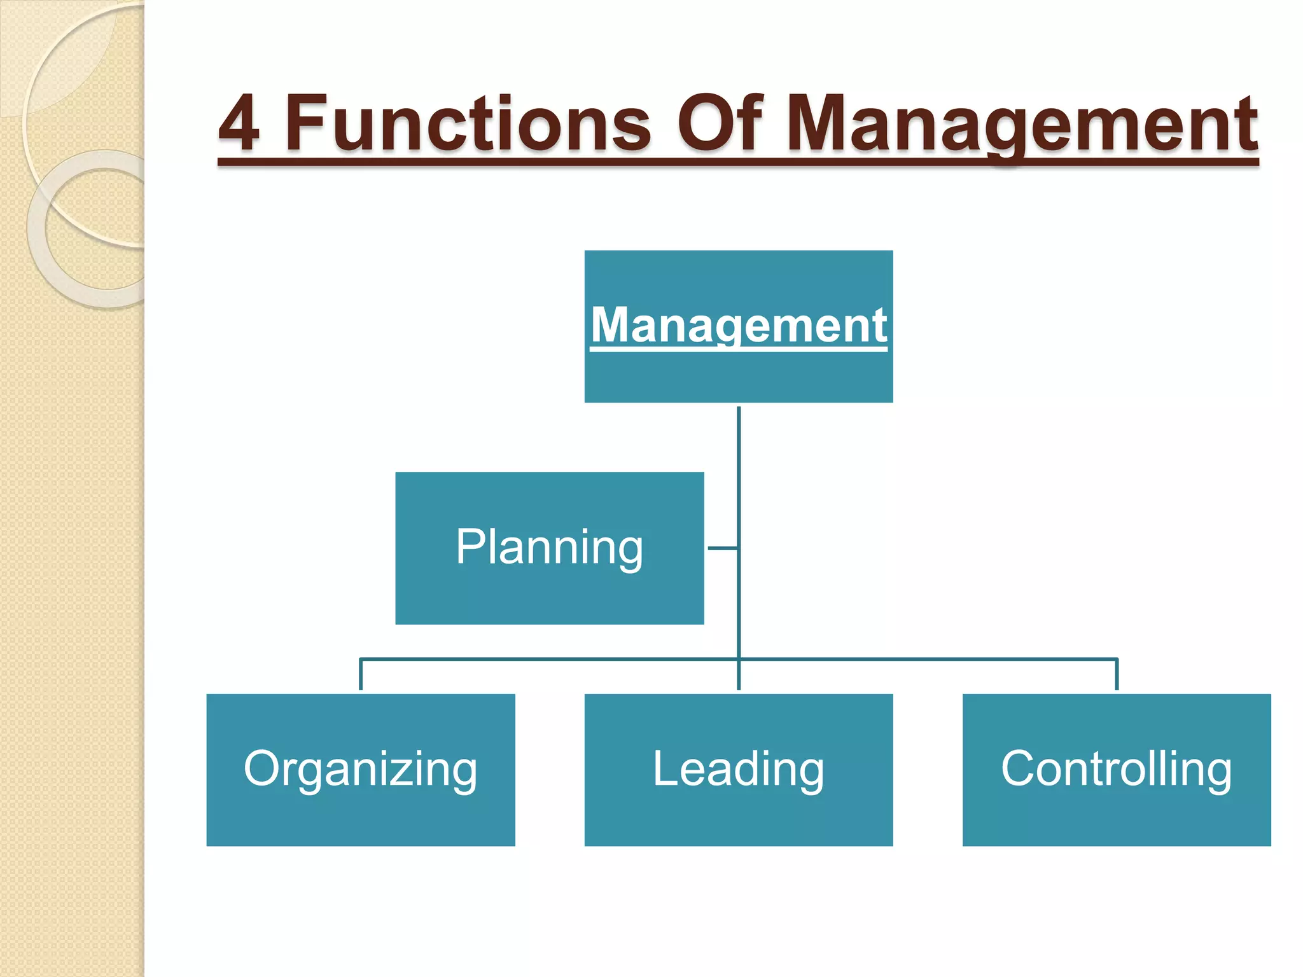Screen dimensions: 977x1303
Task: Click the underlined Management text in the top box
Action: tap(739, 325)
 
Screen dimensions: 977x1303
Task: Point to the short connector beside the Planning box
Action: tap(722, 548)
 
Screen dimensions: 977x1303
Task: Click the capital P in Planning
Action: tap(471, 546)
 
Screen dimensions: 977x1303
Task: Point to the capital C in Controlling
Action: tap(1020, 768)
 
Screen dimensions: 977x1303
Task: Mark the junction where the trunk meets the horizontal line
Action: tap(739, 659)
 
